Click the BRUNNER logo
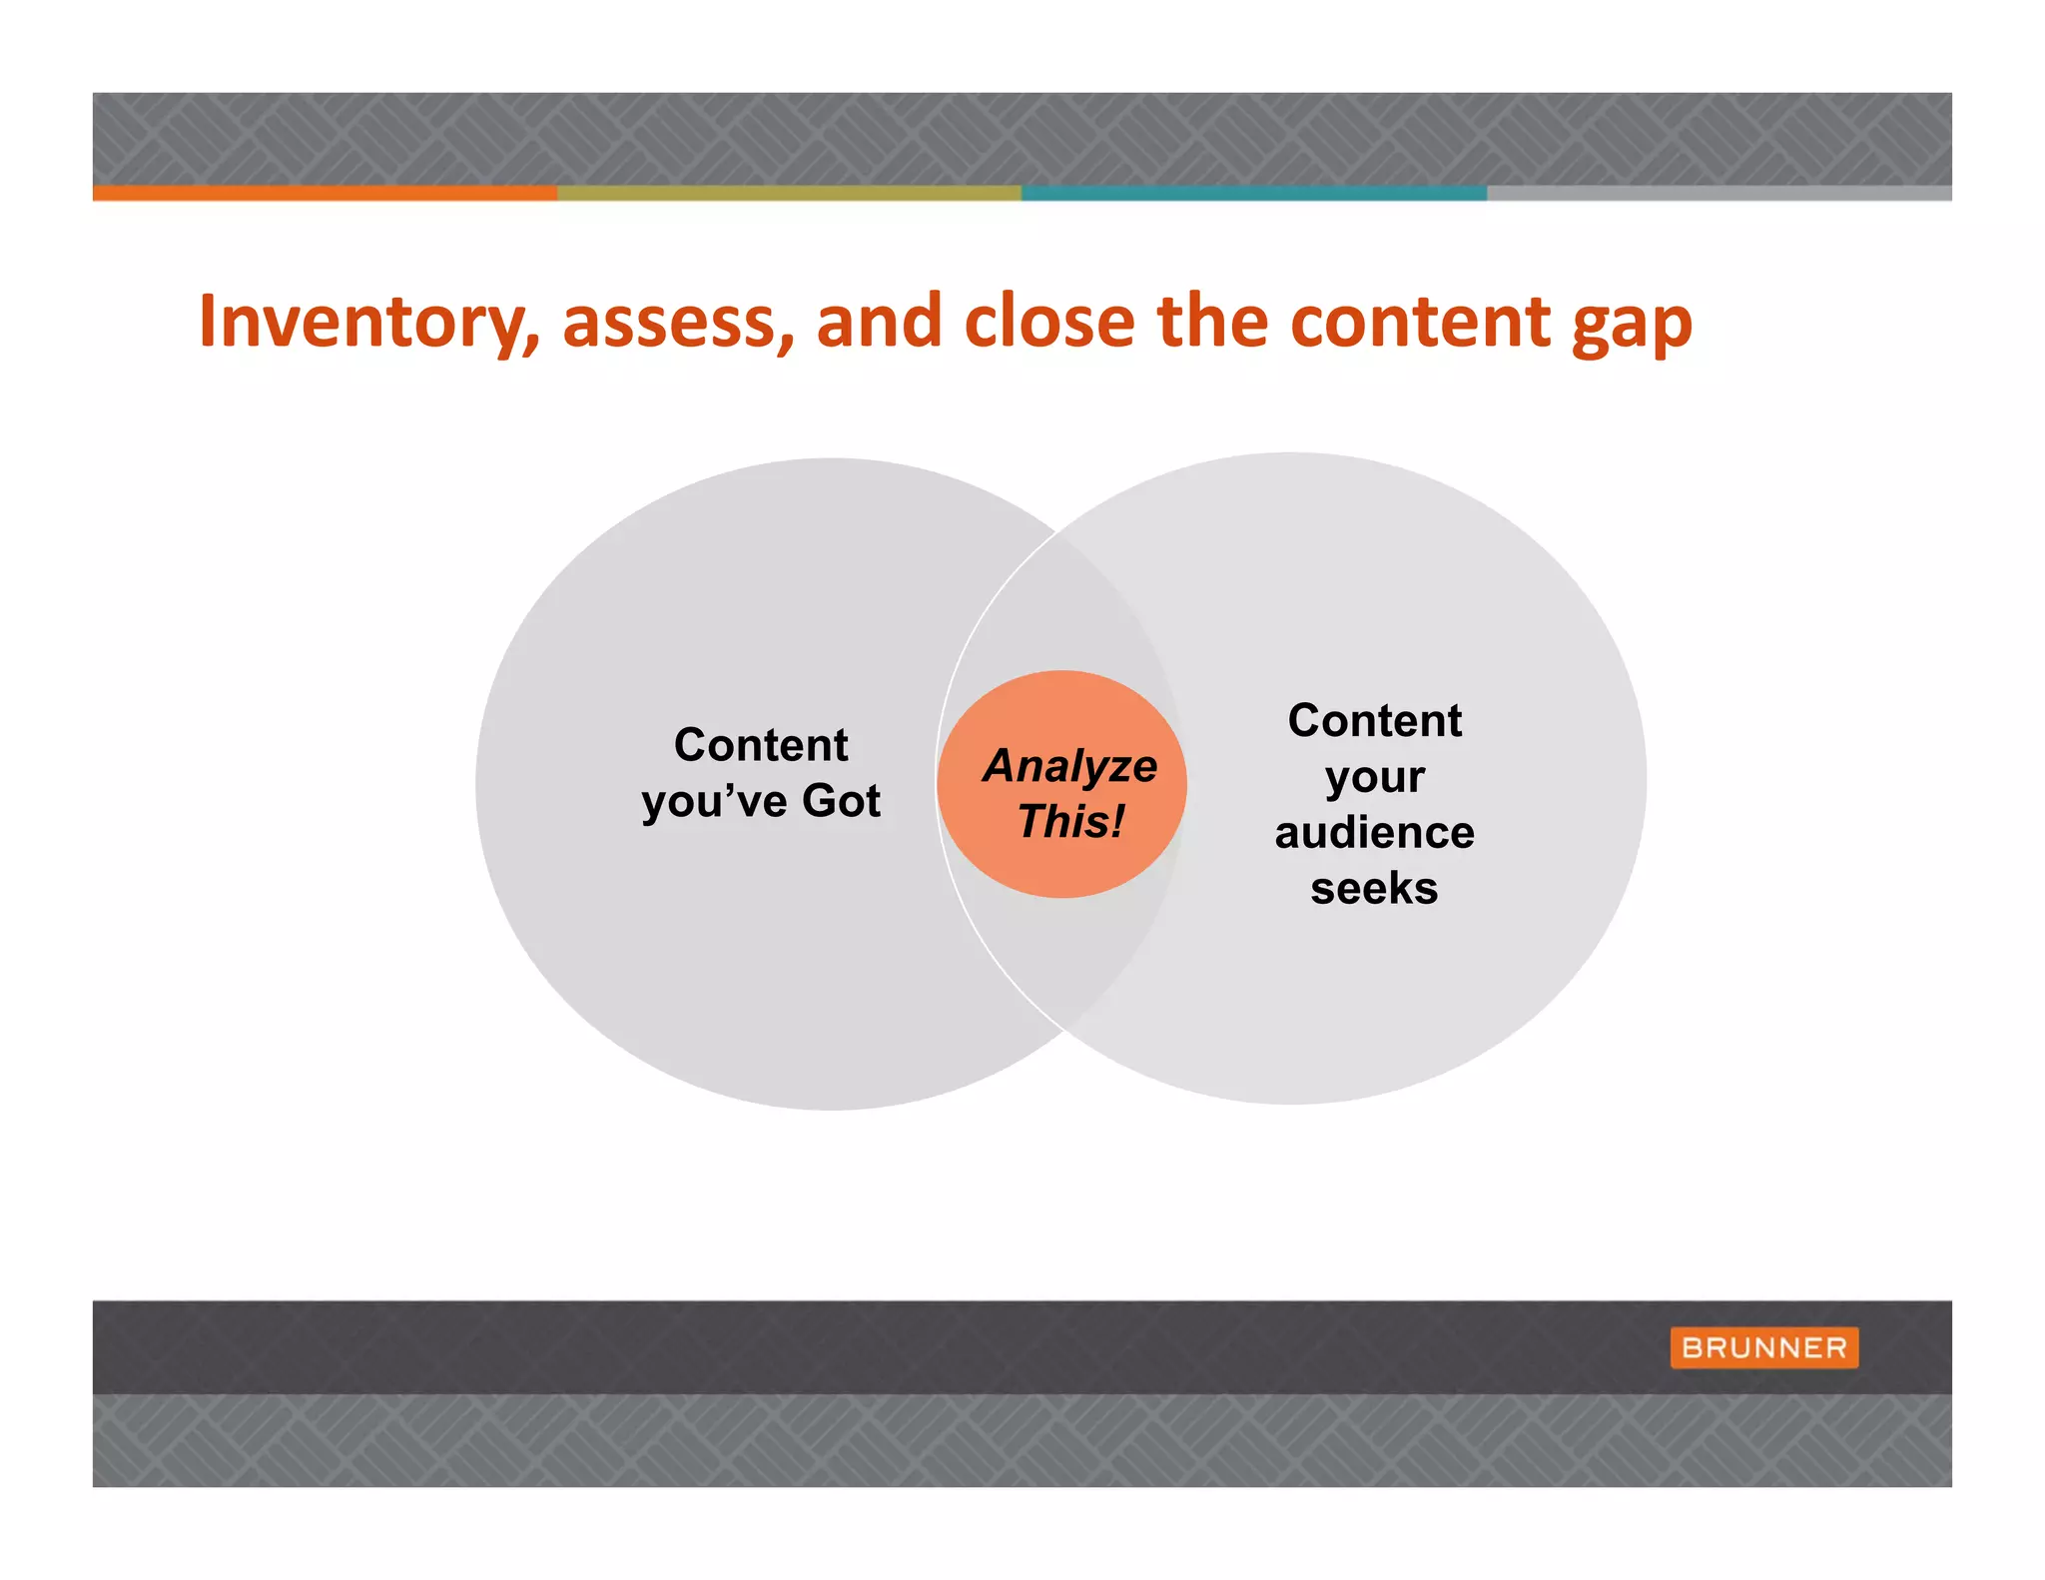click(x=1763, y=1347)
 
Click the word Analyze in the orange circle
click(x=1070, y=766)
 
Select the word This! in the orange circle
click(x=1070, y=822)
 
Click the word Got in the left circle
click(x=841, y=800)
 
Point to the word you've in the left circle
click(x=714, y=802)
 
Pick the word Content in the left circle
click(x=761, y=745)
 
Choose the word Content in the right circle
click(x=1374, y=720)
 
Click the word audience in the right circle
click(x=1374, y=832)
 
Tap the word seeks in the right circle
click(x=1374, y=888)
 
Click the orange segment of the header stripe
click(x=325, y=193)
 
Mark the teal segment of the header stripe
click(x=1253, y=193)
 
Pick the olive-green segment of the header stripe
click(x=789, y=193)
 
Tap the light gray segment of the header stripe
click(x=1717, y=193)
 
